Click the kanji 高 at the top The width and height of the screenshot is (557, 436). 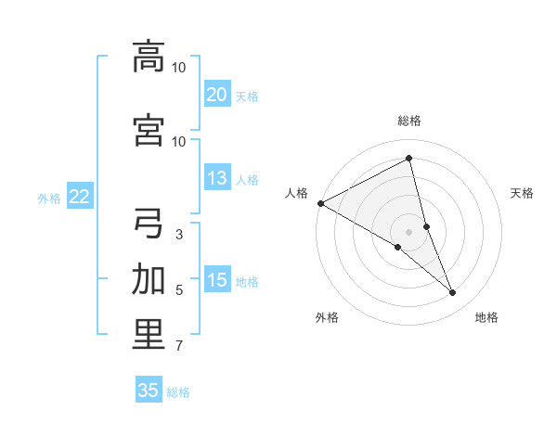149,56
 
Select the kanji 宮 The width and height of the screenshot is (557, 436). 149,130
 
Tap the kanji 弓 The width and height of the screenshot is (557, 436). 149,224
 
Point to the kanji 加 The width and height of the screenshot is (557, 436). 149,279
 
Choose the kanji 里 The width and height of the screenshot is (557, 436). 149,335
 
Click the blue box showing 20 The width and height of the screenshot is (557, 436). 216,95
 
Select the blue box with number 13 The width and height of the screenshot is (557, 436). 216,179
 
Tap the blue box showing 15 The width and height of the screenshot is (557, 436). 216,281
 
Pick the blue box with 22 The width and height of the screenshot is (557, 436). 79,197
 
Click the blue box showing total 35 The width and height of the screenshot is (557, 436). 149,391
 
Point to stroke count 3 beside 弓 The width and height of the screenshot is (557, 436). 178,234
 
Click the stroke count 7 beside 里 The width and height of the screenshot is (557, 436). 178,346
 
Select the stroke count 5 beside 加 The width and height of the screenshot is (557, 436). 178,289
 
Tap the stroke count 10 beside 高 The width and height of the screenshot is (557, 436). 179,67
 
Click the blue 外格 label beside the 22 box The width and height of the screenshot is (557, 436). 48,198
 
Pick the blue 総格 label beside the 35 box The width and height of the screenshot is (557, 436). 178,392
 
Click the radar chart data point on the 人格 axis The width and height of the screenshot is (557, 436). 320,203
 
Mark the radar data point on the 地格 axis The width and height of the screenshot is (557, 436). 453,293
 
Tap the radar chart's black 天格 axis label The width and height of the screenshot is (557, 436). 523,194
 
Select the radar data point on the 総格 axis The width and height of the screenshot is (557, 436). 409,159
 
